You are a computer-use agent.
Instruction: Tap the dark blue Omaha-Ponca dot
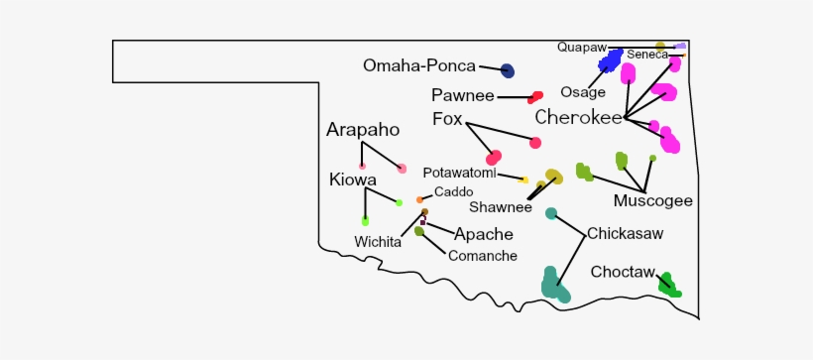tap(507, 70)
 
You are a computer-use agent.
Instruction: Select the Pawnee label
tap(462, 96)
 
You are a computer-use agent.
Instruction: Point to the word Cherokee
tap(578, 118)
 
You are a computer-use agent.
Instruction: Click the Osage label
tap(582, 92)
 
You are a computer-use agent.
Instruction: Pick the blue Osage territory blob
tap(610, 60)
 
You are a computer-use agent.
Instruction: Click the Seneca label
tap(647, 55)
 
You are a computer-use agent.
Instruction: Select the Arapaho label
tap(363, 130)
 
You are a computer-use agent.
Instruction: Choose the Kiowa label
tap(353, 180)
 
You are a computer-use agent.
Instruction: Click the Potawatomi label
tap(459, 173)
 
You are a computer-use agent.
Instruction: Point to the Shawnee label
tap(500, 207)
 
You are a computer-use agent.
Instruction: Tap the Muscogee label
tap(652, 201)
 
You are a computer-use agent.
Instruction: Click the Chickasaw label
tap(625, 234)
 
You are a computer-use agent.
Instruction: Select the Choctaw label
tap(623, 272)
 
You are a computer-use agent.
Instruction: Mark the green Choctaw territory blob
tap(669, 286)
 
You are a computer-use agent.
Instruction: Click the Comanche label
tap(483, 256)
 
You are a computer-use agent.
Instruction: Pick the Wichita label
tap(377, 242)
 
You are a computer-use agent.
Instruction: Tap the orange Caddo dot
tap(420, 199)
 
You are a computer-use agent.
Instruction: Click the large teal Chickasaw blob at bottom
tap(554, 285)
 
